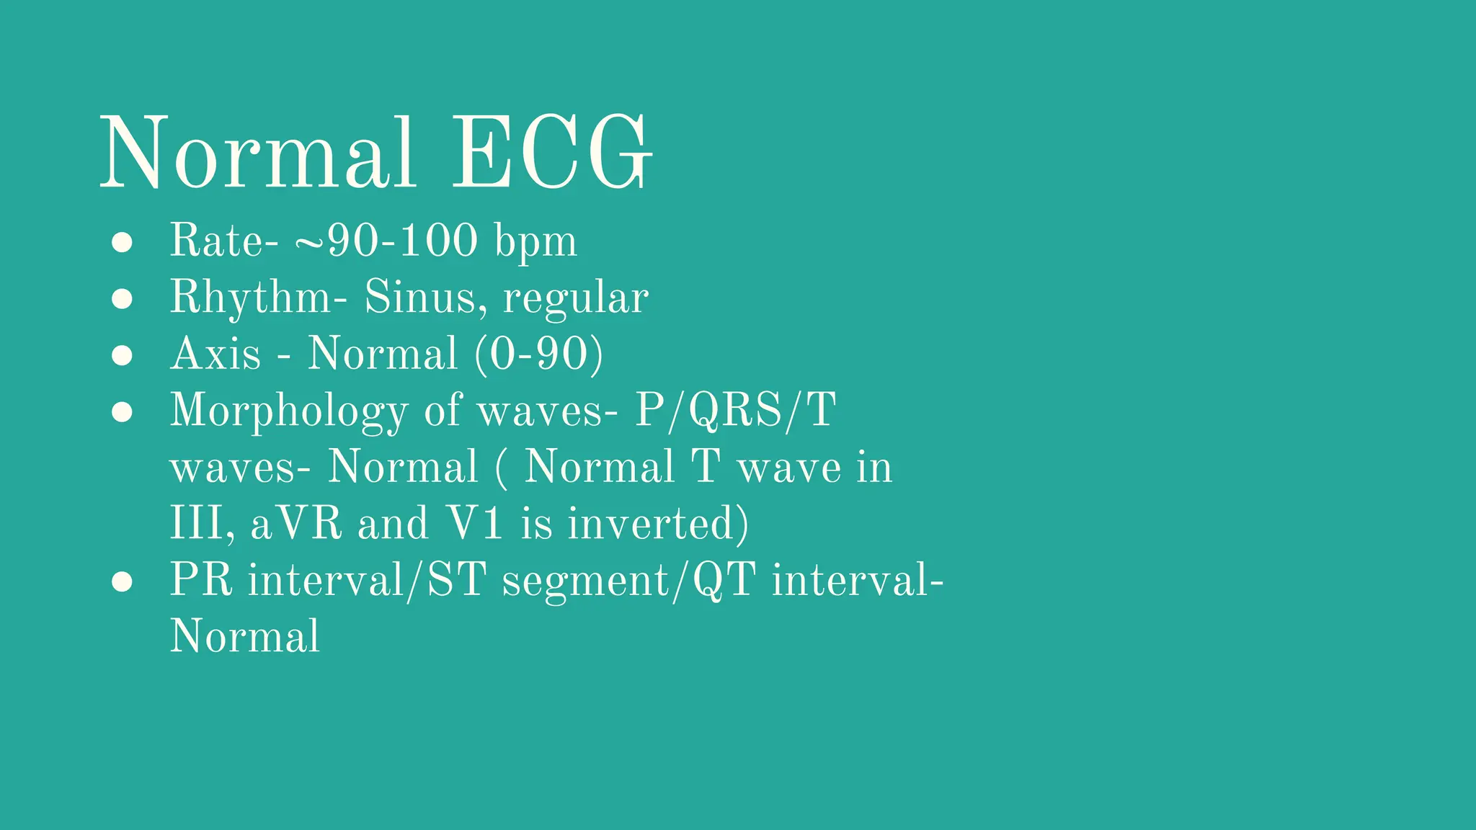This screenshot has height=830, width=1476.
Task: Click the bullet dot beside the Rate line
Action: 122,242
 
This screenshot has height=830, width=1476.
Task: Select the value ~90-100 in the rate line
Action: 386,241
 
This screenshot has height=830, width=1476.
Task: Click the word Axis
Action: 215,354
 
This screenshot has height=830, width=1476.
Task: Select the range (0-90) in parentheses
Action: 539,354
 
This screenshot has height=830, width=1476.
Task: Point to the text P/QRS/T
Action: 735,411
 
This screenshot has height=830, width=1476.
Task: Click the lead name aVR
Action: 296,524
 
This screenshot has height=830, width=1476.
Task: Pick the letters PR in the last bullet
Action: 201,580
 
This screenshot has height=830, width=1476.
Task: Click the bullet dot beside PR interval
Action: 122,582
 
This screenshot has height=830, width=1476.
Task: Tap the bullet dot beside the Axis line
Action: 122,355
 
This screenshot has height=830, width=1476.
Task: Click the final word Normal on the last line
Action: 244,637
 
